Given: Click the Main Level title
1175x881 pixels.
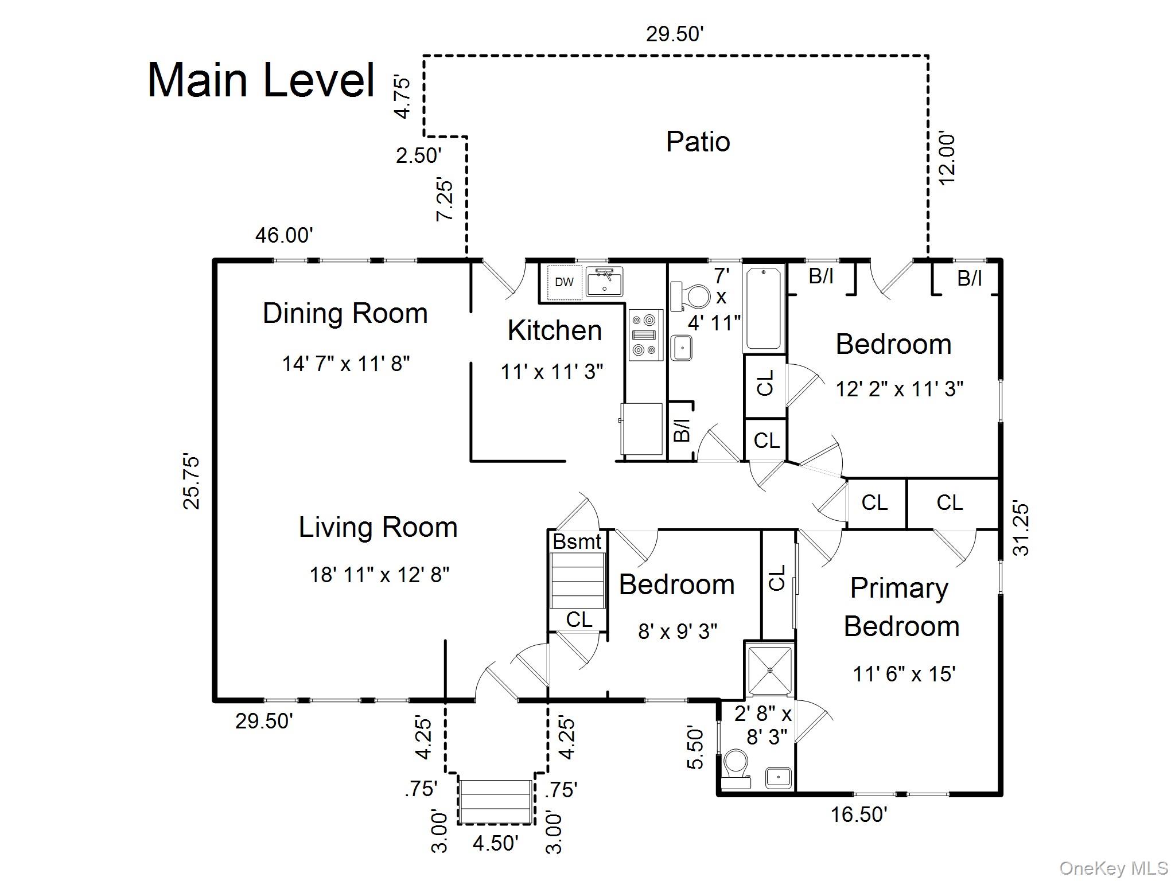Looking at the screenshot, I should [261, 80].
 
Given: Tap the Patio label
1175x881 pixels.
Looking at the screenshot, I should [698, 142].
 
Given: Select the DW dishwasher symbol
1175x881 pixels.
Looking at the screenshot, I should [564, 282].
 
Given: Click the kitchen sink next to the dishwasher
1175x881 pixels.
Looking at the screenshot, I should [604, 282].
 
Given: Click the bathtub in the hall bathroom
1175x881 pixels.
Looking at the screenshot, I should [764, 308].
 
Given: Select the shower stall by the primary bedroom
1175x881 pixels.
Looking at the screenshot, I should [769, 670].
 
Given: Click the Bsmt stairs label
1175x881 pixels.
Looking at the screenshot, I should [577, 541].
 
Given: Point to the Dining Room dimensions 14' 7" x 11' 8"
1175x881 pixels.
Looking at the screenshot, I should [345, 364].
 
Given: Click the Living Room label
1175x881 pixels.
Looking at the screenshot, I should [378, 527].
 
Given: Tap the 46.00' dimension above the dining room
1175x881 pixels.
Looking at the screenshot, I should [284, 235].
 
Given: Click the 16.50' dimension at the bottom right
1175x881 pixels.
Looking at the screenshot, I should [859, 814].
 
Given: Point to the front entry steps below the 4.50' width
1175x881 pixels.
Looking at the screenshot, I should [496, 801].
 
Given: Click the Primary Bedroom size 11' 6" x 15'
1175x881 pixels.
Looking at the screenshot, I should [904, 674].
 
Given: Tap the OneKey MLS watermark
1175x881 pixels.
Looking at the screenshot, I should [1113, 868].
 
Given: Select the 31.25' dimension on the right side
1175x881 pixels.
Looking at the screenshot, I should [1021, 530].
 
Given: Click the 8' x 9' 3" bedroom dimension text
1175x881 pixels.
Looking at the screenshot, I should [678, 631].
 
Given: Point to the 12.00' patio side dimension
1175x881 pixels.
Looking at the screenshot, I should [947, 159].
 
